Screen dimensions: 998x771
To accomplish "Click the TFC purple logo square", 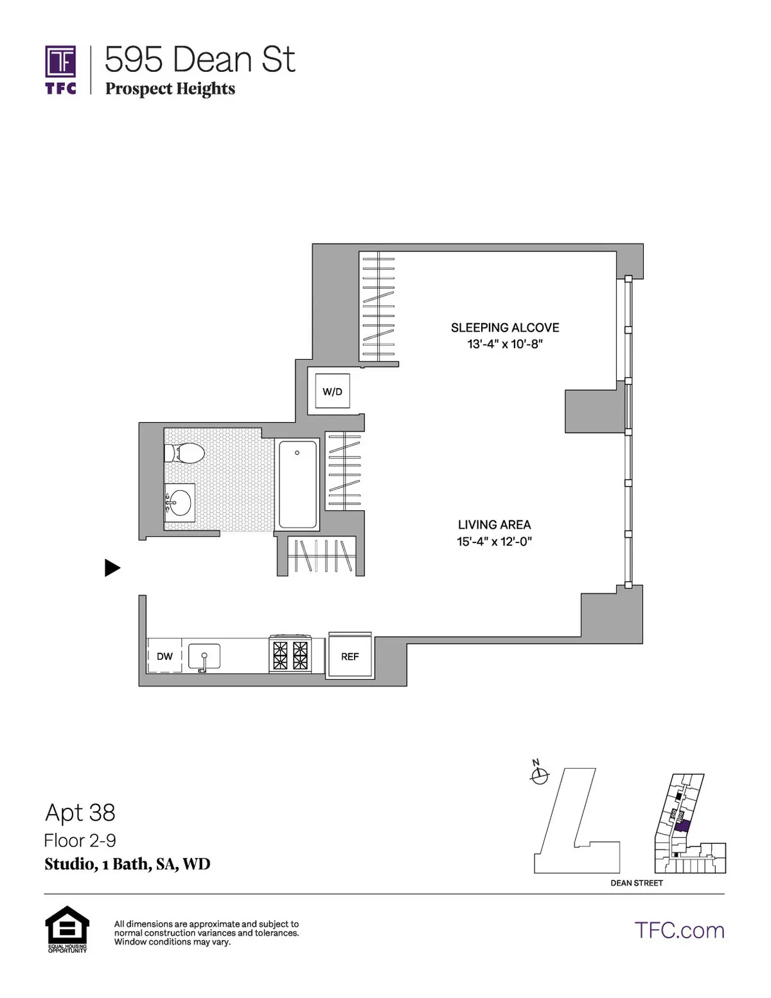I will (60, 62).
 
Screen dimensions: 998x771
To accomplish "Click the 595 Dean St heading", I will (199, 60).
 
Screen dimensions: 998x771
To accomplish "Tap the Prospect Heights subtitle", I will (170, 89).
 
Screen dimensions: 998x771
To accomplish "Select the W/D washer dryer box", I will (332, 391).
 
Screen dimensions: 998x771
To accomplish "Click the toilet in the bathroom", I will (185, 452).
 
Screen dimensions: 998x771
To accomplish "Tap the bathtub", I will (297, 484).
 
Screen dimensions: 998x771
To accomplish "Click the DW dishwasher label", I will (164, 656).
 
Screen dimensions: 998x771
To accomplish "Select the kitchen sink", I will (204, 657).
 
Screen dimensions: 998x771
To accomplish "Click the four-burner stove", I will (290, 655).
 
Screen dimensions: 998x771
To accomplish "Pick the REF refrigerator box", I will (350, 656).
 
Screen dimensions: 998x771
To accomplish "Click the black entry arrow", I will (112, 567).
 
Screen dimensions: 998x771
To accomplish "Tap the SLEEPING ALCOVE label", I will (505, 328).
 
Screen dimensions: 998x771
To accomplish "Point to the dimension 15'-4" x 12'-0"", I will (494, 542).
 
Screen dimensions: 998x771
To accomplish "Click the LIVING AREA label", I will (494, 525).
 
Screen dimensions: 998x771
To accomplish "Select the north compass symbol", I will (540, 775).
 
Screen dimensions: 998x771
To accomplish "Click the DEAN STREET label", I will (636, 883).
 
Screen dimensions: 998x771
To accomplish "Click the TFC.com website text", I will (679, 931).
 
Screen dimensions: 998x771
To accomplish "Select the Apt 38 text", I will (80, 813).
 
